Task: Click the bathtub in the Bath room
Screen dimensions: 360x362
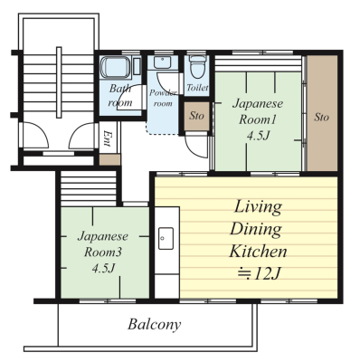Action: [116, 67]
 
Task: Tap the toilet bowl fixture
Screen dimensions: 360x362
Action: [197, 67]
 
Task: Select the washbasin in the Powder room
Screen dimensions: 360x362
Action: [162, 62]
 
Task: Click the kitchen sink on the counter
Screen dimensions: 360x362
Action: [166, 239]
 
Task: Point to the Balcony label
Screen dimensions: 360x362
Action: [155, 325]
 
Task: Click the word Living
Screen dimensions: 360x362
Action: [258, 207]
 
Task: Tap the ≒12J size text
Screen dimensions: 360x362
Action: [259, 273]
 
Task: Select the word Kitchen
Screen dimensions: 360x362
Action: [258, 251]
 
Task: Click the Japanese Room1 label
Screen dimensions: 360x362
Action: [258, 111]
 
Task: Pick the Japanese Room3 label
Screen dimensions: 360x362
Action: [103, 244]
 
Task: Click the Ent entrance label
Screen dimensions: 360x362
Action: [106, 138]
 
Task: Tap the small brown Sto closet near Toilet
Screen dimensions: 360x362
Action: [196, 116]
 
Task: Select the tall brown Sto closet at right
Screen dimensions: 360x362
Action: [322, 112]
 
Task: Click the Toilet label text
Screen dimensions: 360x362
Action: [197, 88]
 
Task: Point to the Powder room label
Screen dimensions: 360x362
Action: [163, 98]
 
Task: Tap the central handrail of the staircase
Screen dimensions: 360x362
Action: [59, 82]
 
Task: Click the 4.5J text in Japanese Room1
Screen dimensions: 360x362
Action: [258, 137]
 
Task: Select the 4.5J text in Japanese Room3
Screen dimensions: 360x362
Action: [103, 269]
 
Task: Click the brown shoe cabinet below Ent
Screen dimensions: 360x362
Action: [109, 160]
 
